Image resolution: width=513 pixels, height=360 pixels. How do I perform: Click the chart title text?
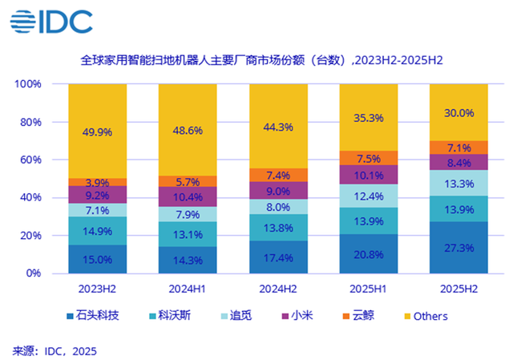(x=262, y=60)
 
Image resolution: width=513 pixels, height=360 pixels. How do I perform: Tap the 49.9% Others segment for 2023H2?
(x=97, y=131)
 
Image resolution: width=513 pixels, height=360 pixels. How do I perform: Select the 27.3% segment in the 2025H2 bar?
(x=459, y=248)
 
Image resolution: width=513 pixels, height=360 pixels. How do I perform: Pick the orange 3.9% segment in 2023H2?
(x=97, y=182)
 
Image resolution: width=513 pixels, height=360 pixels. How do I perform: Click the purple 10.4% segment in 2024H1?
(x=188, y=197)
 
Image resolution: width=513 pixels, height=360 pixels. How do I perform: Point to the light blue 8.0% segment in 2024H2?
(x=278, y=207)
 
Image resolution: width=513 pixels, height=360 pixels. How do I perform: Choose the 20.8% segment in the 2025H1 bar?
(x=369, y=253)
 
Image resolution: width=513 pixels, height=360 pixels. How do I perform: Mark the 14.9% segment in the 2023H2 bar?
(x=97, y=231)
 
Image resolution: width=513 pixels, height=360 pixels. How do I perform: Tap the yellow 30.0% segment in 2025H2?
(x=459, y=112)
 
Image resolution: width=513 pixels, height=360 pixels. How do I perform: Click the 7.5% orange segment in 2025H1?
(x=369, y=158)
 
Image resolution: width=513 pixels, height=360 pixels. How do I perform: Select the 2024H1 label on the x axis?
(x=188, y=287)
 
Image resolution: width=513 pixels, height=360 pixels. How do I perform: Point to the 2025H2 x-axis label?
(x=459, y=287)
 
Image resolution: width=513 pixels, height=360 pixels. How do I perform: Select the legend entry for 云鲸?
(x=367, y=316)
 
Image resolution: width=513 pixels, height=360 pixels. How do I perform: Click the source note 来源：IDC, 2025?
(x=54, y=350)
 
